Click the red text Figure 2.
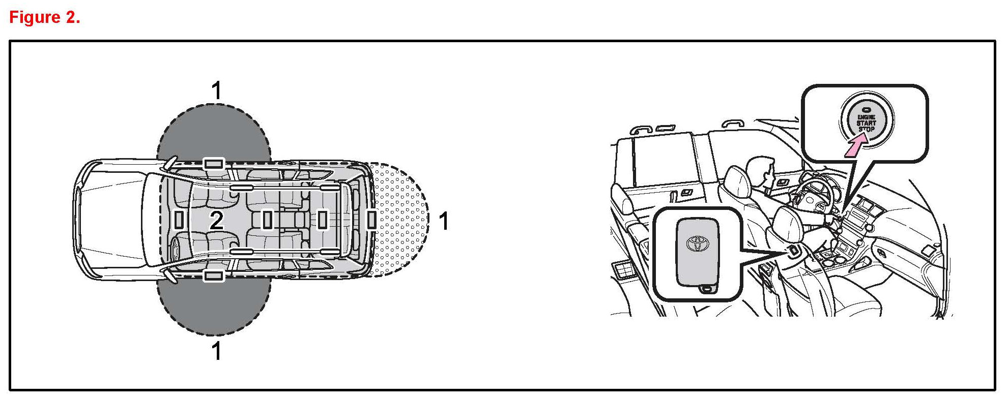[45, 17]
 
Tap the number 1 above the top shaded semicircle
[217, 91]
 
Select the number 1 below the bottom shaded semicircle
[217, 351]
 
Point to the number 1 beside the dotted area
[444, 221]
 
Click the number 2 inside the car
[217, 221]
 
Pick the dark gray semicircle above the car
[214, 132]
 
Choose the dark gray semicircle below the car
[214, 307]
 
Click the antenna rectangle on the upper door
[214, 164]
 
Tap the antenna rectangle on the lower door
[214, 276]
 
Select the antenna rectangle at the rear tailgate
[371, 220]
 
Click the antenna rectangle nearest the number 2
[179, 220]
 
